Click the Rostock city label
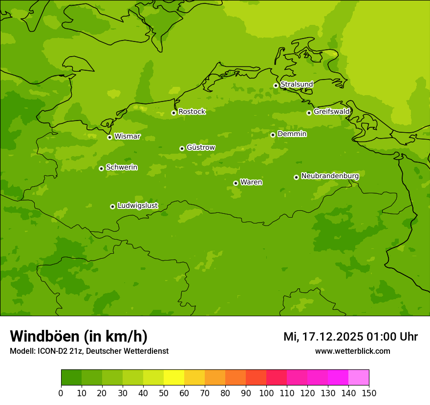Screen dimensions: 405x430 tap(192, 112)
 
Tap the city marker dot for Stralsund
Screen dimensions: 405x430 tap(276, 85)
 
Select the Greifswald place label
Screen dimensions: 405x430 tap(331, 112)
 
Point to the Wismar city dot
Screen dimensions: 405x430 tap(109, 137)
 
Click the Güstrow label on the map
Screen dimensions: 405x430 tap(201, 147)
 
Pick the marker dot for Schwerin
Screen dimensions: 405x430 tap(101, 168)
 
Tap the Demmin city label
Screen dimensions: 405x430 tap(292, 134)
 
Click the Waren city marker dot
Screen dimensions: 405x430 tap(236, 183)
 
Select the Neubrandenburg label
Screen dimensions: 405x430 tap(330, 176)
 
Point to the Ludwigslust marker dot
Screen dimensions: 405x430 tap(112, 206)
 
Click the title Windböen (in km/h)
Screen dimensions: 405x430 tap(79, 336)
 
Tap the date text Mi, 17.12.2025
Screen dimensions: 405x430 tap(323, 337)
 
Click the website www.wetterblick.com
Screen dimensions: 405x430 tap(352, 351)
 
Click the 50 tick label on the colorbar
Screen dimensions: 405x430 tap(164, 393)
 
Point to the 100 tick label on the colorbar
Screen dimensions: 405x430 tap(266, 393)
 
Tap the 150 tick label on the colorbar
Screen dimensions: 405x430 tap(369, 393)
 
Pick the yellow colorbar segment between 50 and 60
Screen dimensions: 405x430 tap(174, 378)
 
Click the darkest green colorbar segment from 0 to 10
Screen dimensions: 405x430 tap(71, 378)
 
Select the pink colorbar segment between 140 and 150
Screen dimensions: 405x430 tap(359, 378)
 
